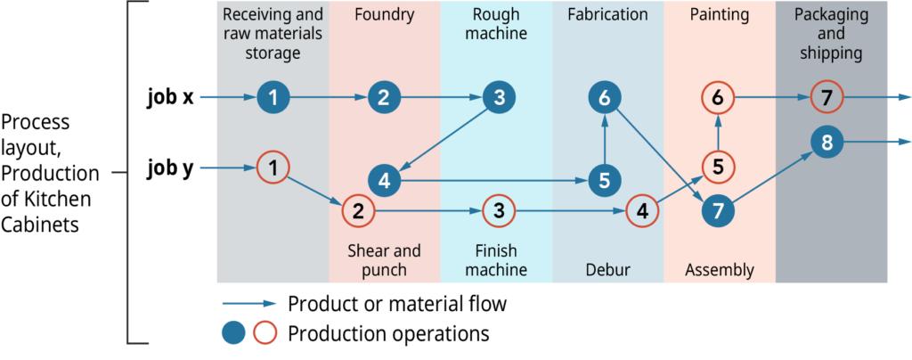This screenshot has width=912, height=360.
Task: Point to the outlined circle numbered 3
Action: (497, 212)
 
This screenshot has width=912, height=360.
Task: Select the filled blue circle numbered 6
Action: (605, 98)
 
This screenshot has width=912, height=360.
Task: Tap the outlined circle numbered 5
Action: (717, 166)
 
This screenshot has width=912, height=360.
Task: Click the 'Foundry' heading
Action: (383, 15)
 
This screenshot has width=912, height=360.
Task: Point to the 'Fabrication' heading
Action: (607, 15)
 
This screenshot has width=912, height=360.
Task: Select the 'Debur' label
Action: (607, 269)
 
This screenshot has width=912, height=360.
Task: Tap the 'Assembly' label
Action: (719, 269)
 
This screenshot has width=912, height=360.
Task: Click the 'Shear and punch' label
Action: (384, 259)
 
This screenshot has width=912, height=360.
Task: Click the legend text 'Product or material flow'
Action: (397, 304)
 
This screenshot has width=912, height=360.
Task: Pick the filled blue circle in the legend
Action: (234, 334)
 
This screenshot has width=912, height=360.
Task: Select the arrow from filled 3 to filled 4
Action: (442, 136)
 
